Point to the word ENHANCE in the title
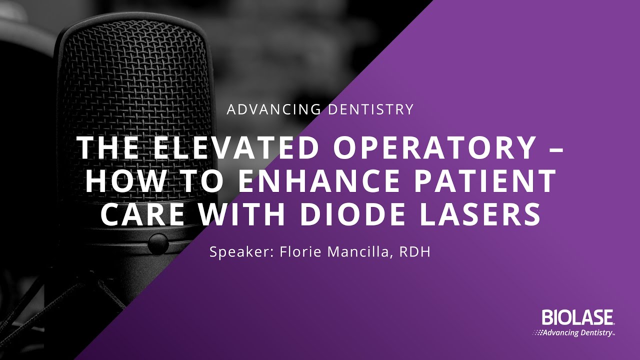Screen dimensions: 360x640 click(324, 182)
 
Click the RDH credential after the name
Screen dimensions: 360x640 click(415, 252)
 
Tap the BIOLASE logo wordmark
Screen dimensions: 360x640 click(577, 317)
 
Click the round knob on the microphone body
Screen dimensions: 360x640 click(157, 243)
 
